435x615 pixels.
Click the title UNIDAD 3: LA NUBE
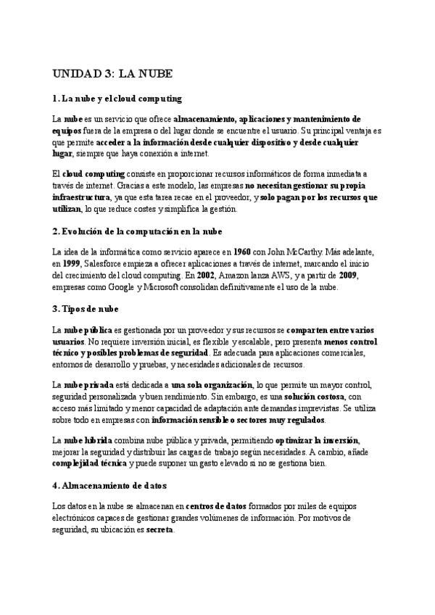(x=112, y=75)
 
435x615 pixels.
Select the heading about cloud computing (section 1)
(x=117, y=98)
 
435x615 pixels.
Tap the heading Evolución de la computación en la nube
(x=137, y=231)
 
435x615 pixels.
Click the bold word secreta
(x=159, y=529)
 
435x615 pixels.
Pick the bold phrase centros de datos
(x=216, y=505)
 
